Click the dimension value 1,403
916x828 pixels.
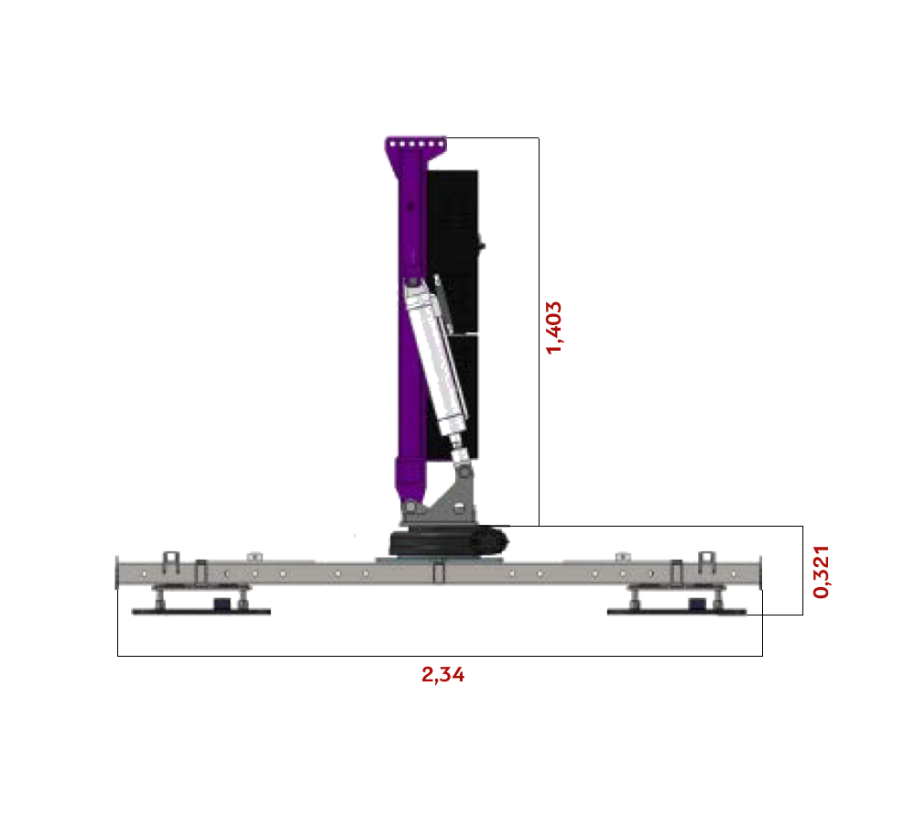pyautogui.click(x=553, y=327)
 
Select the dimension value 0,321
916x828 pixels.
pyautogui.click(x=821, y=572)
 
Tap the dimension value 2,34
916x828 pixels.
pyautogui.click(x=442, y=674)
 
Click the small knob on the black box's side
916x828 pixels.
pyautogui.click(x=482, y=246)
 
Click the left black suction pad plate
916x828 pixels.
pyautogui.click(x=202, y=612)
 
